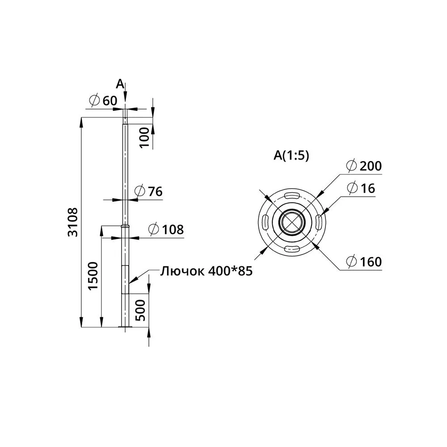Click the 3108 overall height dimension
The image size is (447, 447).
tap(73, 222)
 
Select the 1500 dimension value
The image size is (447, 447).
tap(93, 276)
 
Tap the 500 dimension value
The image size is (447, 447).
tap(140, 310)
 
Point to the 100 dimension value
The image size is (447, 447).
tap(144, 137)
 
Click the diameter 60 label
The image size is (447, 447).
tap(103, 101)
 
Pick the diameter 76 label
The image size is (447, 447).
tap(148, 191)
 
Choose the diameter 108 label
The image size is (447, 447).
tap(166, 229)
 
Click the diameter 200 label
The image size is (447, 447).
tap(364, 166)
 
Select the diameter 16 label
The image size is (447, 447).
tap(361, 188)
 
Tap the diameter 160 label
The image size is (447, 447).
tap(364, 261)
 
